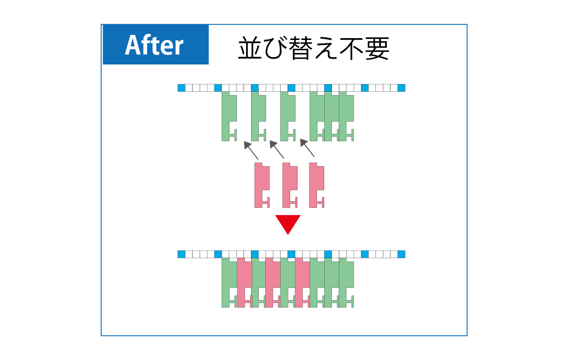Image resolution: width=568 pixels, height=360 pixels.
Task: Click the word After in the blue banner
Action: click(154, 45)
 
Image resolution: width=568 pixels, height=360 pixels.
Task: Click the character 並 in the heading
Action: click(250, 48)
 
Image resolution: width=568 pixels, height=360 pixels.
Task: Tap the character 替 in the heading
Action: click(301, 48)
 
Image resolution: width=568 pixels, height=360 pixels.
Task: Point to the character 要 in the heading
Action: click(377, 48)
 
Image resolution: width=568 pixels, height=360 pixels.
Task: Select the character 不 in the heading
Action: click(351, 48)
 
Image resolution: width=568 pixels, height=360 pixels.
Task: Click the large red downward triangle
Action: click(288, 225)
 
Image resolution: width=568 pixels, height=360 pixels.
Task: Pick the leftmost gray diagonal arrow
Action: click(251, 150)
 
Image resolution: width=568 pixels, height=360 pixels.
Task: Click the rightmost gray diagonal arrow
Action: click(307, 148)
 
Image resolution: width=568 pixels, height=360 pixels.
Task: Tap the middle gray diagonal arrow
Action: click(277, 149)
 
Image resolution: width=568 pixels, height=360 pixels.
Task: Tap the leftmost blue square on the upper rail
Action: click(181, 88)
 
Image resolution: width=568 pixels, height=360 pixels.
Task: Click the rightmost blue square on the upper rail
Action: click(401, 88)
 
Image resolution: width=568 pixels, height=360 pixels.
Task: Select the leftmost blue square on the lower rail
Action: click(181, 254)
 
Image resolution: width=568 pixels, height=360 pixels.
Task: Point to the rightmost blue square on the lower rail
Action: click(401, 254)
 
